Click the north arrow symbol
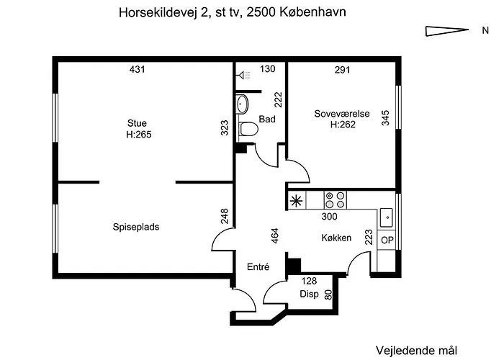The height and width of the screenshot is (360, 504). [447, 31]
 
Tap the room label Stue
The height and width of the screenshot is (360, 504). [137, 123]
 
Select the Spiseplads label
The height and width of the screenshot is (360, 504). [136, 227]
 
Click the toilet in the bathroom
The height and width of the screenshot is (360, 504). [248, 129]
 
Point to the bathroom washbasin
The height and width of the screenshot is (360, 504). [243, 104]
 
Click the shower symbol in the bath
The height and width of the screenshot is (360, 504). [243, 75]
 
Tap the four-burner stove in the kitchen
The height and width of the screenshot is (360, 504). [336, 200]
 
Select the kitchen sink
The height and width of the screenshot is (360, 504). [387, 217]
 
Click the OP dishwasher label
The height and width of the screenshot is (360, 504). [387, 240]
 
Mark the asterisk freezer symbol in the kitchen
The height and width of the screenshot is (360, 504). [296, 201]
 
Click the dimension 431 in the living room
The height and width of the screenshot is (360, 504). [138, 69]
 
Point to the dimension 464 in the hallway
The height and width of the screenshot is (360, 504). [275, 235]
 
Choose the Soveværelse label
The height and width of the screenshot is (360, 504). [342, 114]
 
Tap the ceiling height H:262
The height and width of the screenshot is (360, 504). [343, 125]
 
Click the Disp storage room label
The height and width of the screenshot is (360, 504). [309, 294]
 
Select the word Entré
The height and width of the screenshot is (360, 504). [258, 267]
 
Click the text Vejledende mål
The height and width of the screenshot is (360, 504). [416, 351]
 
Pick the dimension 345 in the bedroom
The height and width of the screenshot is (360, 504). [385, 118]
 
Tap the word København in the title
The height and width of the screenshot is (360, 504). [312, 12]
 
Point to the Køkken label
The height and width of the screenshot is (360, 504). [336, 238]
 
